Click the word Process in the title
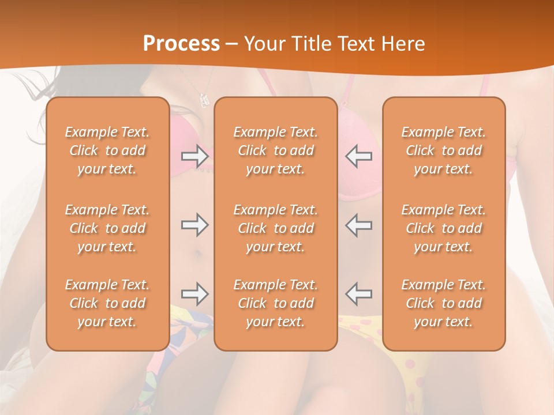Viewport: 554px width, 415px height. coord(181,44)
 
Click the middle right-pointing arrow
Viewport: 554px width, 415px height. coord(194,225)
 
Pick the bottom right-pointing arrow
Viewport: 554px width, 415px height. coord(194,294)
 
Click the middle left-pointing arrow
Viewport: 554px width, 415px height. coord(359,225)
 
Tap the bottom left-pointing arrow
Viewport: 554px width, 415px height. coord(359,294)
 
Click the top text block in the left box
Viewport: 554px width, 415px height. coord(107,150)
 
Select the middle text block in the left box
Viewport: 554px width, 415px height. coord(107,228)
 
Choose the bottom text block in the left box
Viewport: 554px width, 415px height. coord(107,303)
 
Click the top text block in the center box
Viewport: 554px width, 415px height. coord(276,150)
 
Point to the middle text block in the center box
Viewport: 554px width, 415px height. coord(276,228)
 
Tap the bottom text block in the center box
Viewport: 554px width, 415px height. coord(276,303)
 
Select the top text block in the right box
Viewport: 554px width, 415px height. coord(444,150)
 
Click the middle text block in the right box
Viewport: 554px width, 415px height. coord(444,228)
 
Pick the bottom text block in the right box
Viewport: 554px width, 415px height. coord(444,303)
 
